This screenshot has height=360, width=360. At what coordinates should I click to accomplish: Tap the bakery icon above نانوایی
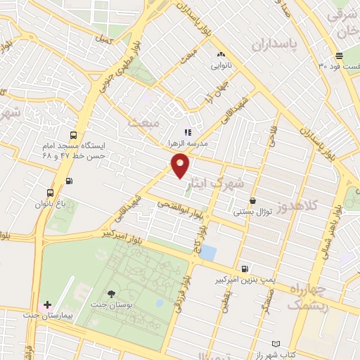click(221, 55)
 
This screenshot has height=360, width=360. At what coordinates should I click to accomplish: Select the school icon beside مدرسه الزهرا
click(187, 131)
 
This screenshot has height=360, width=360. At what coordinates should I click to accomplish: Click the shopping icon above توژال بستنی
click(252, 200)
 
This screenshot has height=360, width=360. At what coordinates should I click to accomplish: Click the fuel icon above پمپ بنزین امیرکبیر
click(244, 268)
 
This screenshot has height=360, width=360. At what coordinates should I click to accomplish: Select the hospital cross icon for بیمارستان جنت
click(47, 304)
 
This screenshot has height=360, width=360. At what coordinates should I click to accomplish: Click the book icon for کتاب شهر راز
click(276, 345)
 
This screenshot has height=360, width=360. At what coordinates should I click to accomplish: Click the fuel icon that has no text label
click(68, 181)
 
